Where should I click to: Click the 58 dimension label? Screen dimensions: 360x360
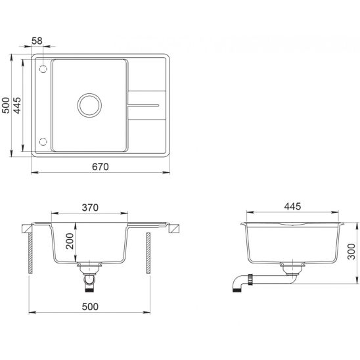(x=37, y=41)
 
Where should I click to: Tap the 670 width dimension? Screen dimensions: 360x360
(x=101, y=167)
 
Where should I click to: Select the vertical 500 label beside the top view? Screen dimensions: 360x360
(x=6, y=105)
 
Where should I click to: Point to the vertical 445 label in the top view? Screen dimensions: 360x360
(x=17, y=105)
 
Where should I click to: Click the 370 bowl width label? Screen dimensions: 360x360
(x=90, y=208)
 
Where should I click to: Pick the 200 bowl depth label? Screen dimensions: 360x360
(x=70, y=241)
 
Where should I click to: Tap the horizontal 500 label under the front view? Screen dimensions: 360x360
(x=90, y=307)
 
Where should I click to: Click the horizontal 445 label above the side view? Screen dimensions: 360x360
(x=292, y=206)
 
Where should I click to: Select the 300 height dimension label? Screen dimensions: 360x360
(x=351, y=252)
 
